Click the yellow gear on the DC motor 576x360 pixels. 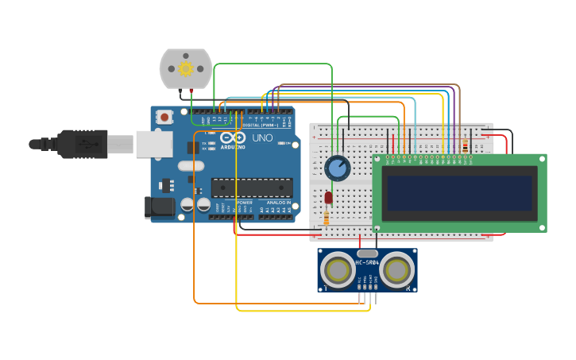(186, 68)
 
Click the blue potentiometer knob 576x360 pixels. (338, 168)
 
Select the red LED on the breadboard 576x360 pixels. (328, 198)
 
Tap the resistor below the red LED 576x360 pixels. (327, 218)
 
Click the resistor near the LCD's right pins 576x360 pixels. (465, 145)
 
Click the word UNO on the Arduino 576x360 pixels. (262, 138)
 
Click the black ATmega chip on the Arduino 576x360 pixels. (251, 188)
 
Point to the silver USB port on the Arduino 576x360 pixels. (154, 144)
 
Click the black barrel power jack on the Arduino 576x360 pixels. (160, 207)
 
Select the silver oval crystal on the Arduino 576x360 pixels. (191, 166)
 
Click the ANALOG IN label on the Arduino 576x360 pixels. (277, 203)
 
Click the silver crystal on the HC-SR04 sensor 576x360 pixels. (367, 253)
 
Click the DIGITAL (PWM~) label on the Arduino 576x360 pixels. (254, 125)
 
